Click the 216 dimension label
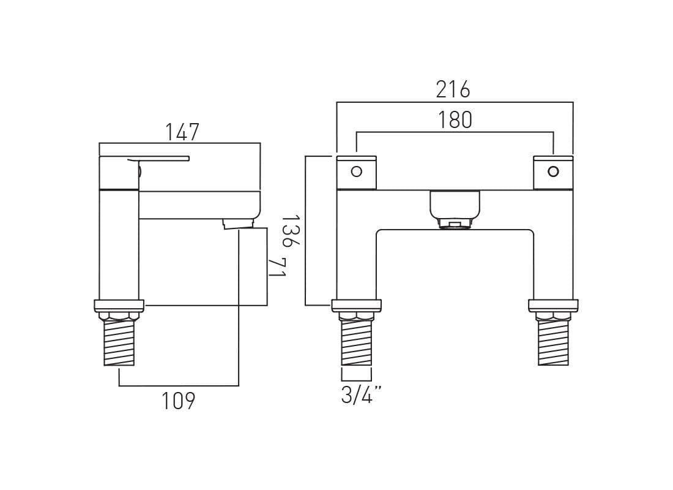(x=453, y=89)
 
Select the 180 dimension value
(x=455, y=120)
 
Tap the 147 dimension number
(x=182, y=132)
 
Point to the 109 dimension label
(x=178, y=401)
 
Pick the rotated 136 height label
(x=290, y=230)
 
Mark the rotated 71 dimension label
(x=277, y=268)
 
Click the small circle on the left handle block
(x=356, y=171)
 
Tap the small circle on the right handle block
(x=553, y=171)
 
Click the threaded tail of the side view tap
(x=119, y=343)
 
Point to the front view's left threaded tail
(x=356, y=343)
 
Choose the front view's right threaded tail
(x=553, y=343)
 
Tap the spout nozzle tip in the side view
(x=238, y=223)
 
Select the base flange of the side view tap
(x=119, y=305)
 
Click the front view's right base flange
(x=553, y=305)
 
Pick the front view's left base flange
(x=356, y=305)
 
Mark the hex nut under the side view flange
(x=119, y=316)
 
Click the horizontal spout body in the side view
(x=196, y=205)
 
